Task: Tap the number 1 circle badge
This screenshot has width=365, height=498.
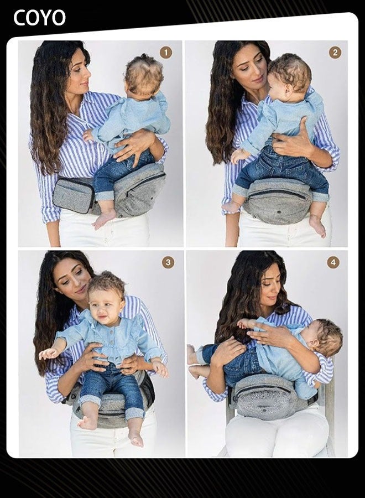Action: (x=166, y=53)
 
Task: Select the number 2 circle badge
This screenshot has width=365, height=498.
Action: (x=335, y=53)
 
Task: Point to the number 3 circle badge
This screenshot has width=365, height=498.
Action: (x=168, y=262)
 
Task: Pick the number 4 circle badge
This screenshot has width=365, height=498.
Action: (x=333, y=262)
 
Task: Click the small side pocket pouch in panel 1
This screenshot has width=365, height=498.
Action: (x=73, y=194)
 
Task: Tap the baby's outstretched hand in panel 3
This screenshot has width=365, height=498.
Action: (x=48, y=352)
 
